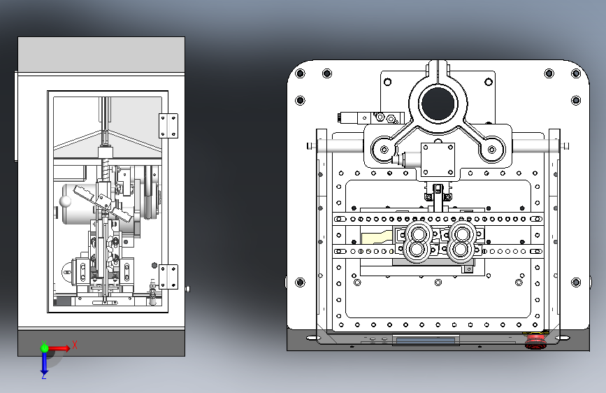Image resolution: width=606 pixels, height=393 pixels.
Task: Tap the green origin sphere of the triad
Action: point(44,348)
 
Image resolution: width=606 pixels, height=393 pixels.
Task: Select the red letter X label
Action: point(74,345)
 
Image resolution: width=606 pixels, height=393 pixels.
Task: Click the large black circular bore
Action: point(438,103)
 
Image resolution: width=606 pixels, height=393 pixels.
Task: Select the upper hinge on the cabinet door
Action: point(168,126)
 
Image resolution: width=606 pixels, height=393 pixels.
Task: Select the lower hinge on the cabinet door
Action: point(168,276)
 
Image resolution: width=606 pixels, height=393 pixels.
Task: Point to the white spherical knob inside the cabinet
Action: point(65,201)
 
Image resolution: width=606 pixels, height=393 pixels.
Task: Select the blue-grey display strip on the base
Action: point(426,341)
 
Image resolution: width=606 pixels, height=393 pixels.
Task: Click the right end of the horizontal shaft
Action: point(565,145)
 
